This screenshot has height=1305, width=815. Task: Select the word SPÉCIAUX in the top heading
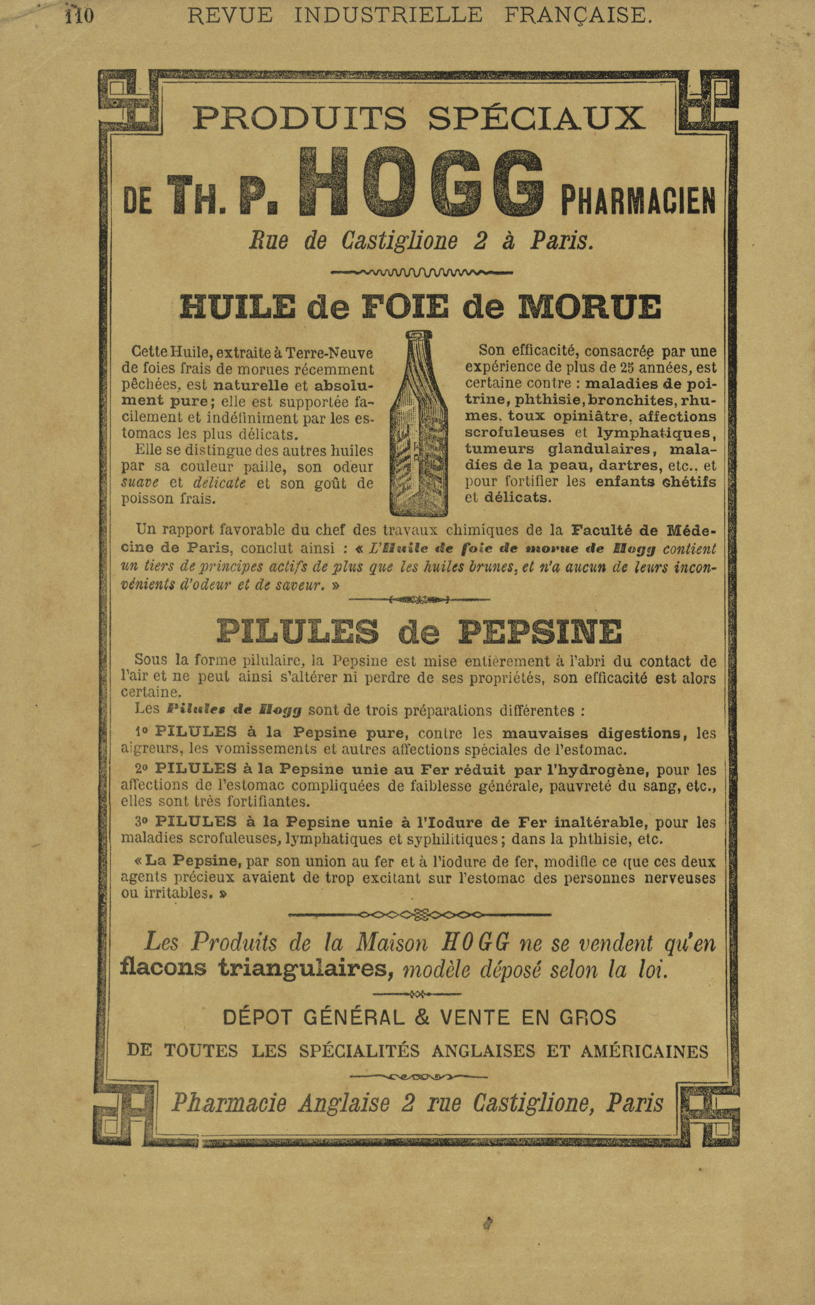[x=536, y=118]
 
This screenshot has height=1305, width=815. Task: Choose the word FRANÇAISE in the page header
[x=578, y=16]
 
